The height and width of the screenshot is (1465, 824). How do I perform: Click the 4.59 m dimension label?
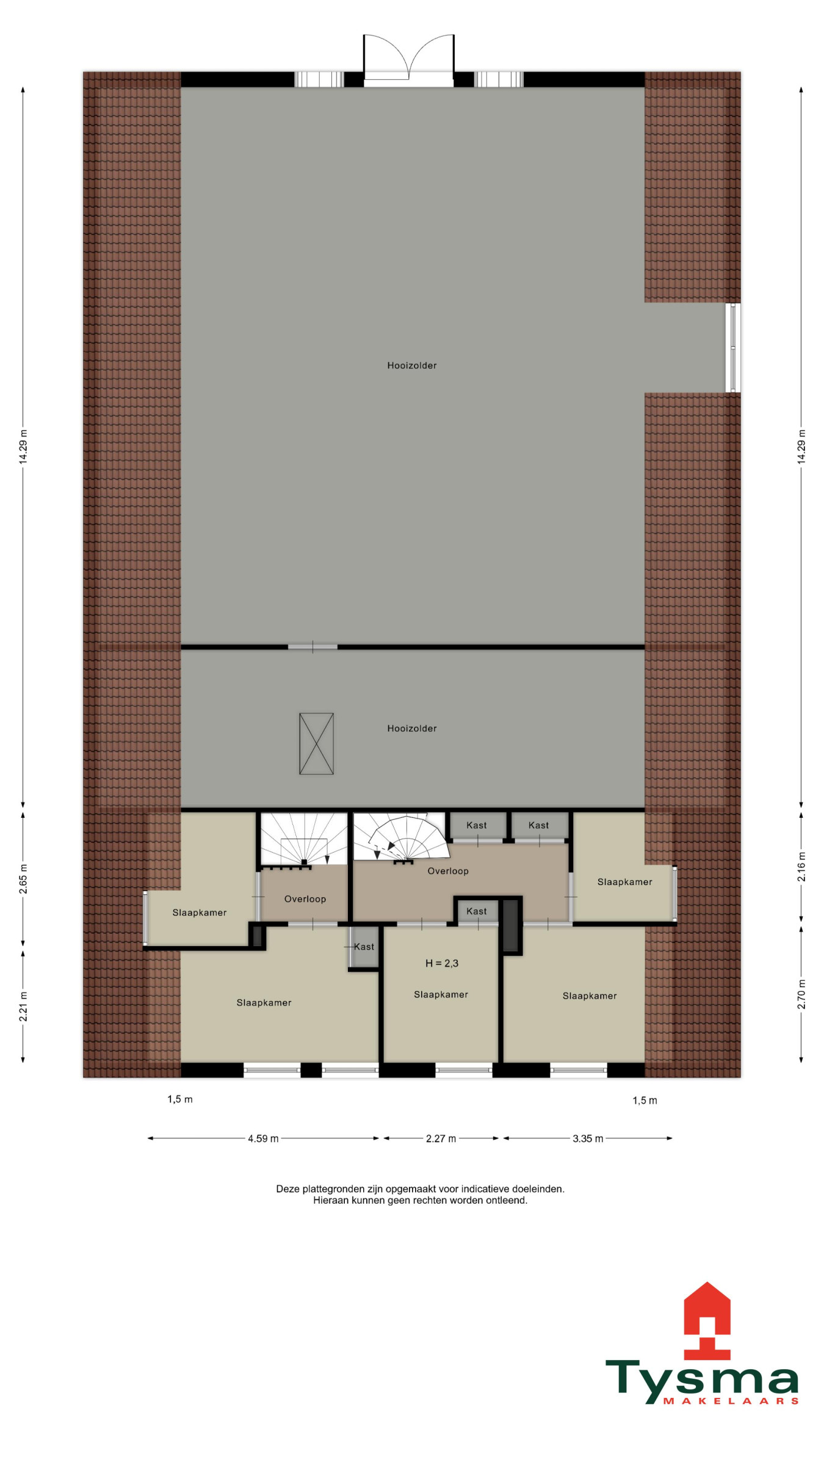263,1138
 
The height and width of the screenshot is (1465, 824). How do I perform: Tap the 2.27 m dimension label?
441,1138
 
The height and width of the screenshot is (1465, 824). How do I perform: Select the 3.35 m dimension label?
588,1138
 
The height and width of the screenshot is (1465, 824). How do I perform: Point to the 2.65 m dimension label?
23,879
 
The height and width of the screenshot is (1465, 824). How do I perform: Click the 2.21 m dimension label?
23,1006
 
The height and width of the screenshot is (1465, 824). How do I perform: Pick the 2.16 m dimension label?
801,867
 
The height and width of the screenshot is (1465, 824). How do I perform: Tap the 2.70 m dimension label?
801,994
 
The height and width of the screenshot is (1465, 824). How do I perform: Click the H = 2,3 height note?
441,963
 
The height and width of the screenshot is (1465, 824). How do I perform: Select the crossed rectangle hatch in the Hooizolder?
316,743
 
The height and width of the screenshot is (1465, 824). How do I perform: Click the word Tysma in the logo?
702,1381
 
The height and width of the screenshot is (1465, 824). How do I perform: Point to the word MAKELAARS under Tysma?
731,1401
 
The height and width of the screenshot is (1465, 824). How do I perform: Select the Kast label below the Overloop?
477,911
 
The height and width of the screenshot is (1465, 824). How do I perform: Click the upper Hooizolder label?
412,366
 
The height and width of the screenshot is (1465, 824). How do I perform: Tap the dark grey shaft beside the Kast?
510,925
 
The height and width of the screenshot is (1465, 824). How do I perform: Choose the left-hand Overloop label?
305,899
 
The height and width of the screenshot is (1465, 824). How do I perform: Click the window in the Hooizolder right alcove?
733,347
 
